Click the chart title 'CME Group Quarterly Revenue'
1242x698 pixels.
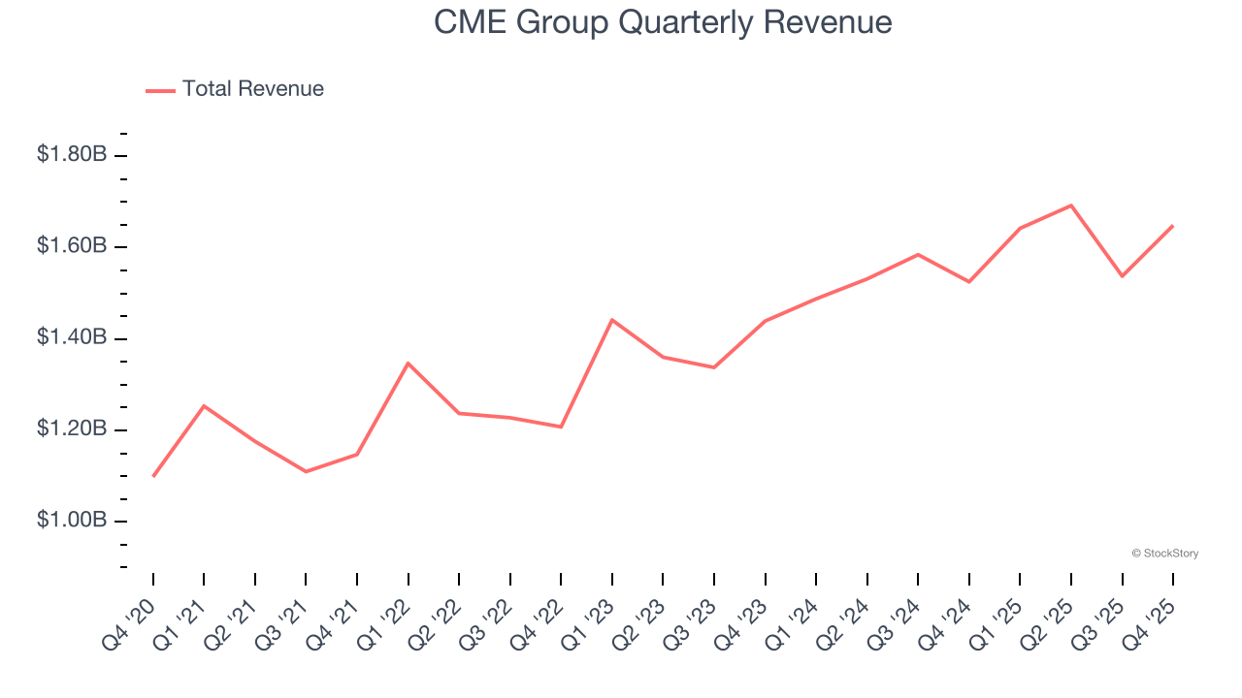pos(663,21)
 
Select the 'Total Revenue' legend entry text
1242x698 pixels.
pos(252,89)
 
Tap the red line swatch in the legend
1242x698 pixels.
pos(160,90)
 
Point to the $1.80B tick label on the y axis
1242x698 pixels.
pos(72,154)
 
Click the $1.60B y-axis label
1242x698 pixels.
pos(72,246)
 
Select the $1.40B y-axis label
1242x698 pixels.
pos(72,337)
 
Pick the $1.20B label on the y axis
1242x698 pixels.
pos(72,429)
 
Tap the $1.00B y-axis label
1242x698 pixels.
pos(72,521)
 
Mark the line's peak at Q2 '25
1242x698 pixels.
pos(1071,206)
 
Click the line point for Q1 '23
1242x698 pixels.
pos(612,320)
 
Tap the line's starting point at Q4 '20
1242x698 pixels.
pos(153,476)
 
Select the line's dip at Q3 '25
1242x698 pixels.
pos(1122,276)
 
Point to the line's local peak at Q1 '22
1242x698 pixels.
pos(409,364)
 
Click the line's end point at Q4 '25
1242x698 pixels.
pos(1173,226)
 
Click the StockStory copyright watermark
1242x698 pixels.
pos(1164,554)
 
